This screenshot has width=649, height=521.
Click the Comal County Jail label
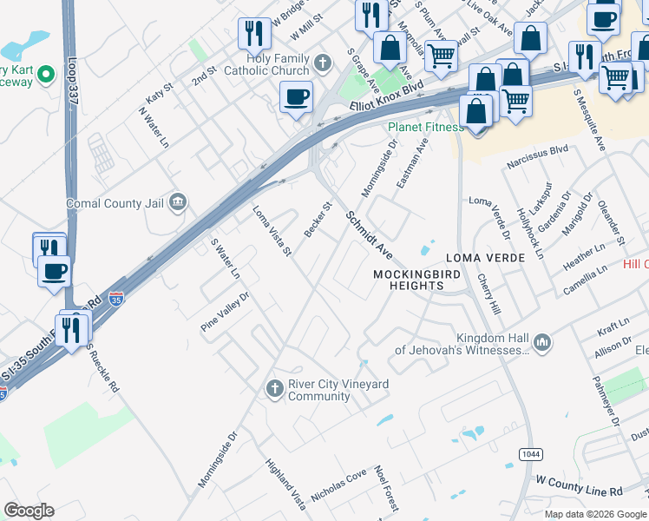click(x=115, y=204)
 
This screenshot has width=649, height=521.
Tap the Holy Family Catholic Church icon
click(x=323, y=63)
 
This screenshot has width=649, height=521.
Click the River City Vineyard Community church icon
click(x=274, y=387)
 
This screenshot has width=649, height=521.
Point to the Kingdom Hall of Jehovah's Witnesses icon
click(x=543, y=342)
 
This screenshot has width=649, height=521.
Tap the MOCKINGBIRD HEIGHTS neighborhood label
click(x=414, y=280)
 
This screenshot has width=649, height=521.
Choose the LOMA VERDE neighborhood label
click(x=485, y=259)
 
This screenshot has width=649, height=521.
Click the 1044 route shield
click(x=531, y=454)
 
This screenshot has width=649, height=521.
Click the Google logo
click(x=29, y=511)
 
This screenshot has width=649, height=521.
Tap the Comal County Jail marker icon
click(x=178, y=203)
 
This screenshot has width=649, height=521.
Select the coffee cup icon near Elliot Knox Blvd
click(x=296, y=97)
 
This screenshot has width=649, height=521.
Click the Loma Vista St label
click(x=272, y=230)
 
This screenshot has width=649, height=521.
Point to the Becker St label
click(x=318, y=221)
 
